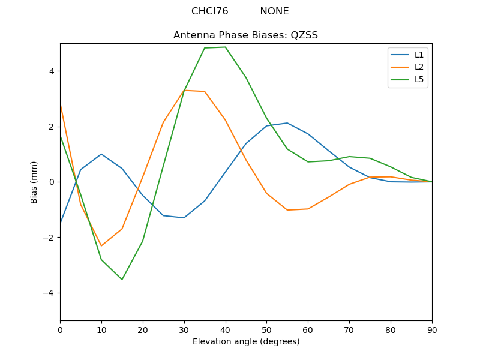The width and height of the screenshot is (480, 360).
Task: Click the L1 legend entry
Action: coord(419,55)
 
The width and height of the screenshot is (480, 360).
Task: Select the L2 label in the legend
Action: coord(419,67)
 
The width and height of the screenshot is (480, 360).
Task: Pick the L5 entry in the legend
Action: coord(419,79)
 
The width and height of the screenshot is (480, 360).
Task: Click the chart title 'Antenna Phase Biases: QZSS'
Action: coord(245,35)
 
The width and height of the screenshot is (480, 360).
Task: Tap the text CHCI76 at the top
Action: coord(209,11)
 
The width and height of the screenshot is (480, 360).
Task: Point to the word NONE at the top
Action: coord(274,11)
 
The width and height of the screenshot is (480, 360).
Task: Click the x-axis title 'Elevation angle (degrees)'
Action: coord(245,342)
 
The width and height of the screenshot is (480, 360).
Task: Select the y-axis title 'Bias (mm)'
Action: coord(34,182)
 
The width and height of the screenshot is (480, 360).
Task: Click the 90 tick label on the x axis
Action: coord(432,329)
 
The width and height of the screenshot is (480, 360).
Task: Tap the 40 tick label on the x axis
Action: coord(225,329)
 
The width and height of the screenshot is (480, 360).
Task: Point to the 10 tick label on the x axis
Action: coord(101,329)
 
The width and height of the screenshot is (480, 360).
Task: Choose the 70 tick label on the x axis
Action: coord(349,329)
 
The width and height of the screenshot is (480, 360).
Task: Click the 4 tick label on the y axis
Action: coord(51,71)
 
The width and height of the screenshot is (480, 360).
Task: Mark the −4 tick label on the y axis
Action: coord(49,293)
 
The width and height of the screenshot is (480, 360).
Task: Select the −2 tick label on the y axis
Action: coord(49,238)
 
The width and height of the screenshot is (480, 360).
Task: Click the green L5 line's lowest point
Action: coord(122,280)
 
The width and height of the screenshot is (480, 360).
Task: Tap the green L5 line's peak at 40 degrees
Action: coord(225,47)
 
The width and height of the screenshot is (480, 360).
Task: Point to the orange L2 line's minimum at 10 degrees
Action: coord(101,246)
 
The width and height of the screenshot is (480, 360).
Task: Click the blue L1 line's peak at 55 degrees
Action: coord(287,123)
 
